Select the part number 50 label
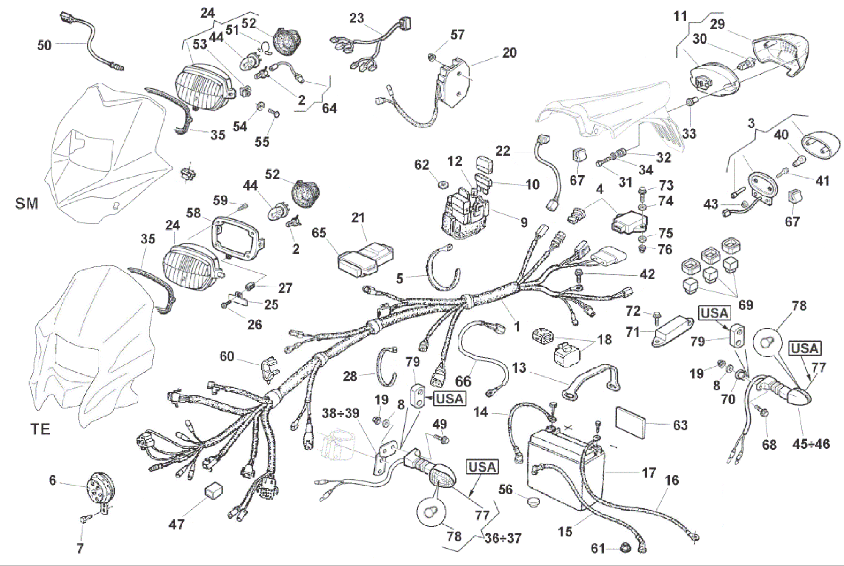(x=44, y=45)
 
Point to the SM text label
(x=27, y=204)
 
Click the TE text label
(x=40, y=430)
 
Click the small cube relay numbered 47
(x=214, y=491)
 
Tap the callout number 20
(x=509, y=53)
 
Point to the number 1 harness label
(x=516, y=326)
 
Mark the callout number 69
(x=745, y=305)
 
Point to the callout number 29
(x=717, y=24)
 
